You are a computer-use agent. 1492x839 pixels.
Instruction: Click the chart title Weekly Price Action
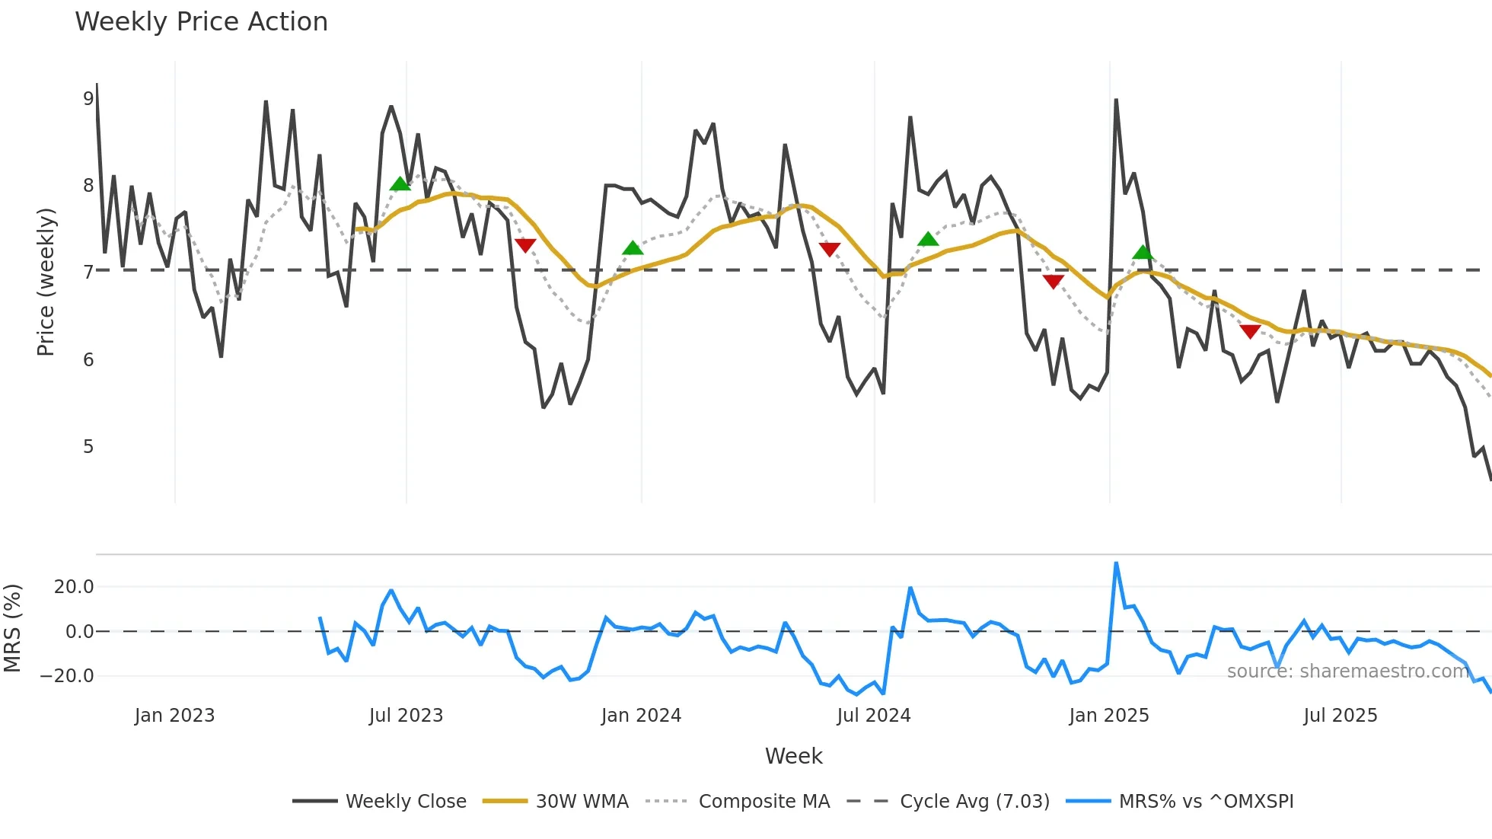tap(201, 22)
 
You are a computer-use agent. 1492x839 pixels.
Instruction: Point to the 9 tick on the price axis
tap(88, 98)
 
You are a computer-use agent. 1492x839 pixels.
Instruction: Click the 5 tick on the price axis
tap(88, 446)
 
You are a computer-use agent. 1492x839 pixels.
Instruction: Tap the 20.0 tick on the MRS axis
tap(74, 587)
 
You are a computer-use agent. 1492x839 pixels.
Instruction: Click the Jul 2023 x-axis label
tap(406, 716)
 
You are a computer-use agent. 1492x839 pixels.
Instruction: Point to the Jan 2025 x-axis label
tap(1108, 716)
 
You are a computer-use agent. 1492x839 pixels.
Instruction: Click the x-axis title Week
tap(793, 756)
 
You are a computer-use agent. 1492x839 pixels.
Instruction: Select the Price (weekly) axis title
tap(46, 282)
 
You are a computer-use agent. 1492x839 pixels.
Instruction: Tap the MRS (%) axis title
tap(13, 628)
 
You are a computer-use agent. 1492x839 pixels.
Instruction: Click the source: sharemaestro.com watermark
tap(1347, 671)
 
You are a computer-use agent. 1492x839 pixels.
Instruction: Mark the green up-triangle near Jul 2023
tap(400, 183)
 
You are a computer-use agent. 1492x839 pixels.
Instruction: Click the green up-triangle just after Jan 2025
tap(1143, 253)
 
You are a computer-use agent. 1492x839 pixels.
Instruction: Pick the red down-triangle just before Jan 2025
tap(1053, 282)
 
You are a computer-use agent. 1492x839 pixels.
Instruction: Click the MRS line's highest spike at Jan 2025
tap(1116, 563)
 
